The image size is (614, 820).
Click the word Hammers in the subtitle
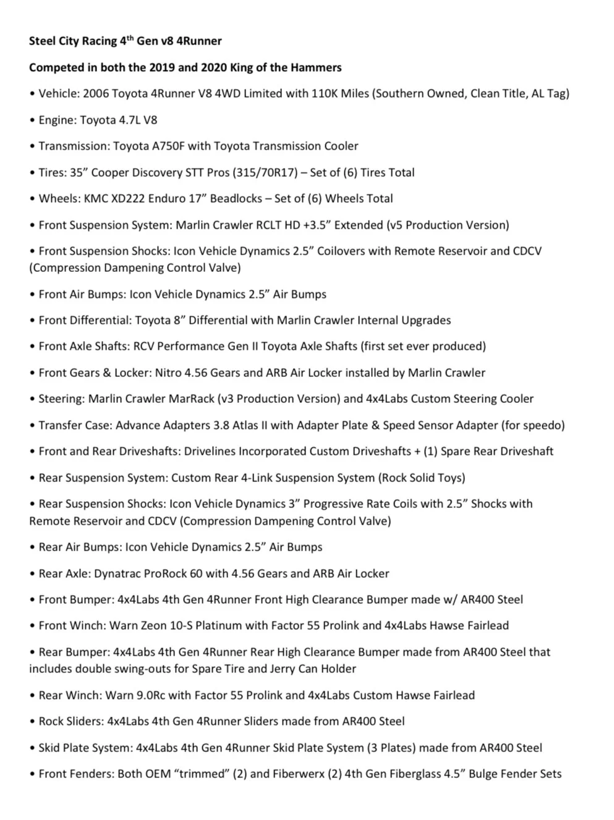[317, 67]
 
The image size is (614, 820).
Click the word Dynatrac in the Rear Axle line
[117, 573]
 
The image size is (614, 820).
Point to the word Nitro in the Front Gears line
[171, 373]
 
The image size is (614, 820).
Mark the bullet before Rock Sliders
[32, 722]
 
